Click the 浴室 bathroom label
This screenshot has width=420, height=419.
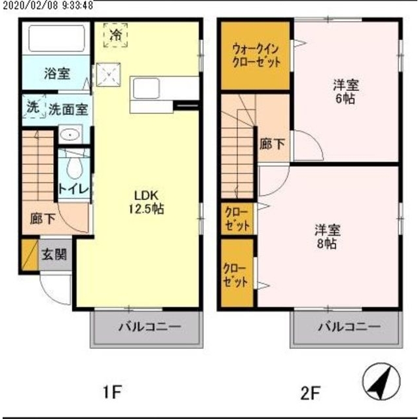(57, 75)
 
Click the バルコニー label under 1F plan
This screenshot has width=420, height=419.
(148, 328)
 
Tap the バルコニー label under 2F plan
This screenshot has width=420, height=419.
(349, 328)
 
